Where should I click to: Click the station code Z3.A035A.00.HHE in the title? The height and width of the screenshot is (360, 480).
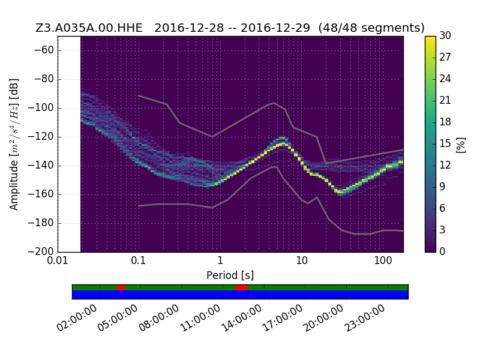click(x=89, y=28)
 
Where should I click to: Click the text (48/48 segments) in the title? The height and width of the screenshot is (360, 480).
click(x=371, y=28)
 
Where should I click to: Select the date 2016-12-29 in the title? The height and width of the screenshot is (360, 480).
click(x=275, y=28)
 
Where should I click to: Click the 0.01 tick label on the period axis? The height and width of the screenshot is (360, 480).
click(x=58, y=260)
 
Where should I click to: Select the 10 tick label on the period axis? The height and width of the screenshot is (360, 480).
click(x=302, y=260)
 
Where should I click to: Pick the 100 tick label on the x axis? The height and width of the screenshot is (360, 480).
click(x=383, y=260)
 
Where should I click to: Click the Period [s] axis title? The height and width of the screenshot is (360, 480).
click(x=230, y=275)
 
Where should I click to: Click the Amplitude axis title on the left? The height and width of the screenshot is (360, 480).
click(x=14, y=145)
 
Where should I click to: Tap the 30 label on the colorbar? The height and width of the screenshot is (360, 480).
click(x=445, y=35)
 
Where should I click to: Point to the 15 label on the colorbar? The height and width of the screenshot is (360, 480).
click(x=445, y=143)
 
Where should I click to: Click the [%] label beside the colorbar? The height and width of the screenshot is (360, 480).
click(x=461, y=145)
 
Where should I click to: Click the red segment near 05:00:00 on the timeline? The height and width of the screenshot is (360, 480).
click(x=121, y=287)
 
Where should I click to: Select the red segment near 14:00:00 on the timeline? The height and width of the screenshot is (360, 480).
click(x=242, y=287)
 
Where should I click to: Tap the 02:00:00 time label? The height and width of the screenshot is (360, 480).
click(x=77, y=318)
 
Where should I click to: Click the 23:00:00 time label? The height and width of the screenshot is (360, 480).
click(x=365, y=318)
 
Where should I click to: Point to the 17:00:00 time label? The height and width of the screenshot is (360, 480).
click(x=282, y=318)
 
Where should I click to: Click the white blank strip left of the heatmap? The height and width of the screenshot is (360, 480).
click(x=70, y=144)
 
